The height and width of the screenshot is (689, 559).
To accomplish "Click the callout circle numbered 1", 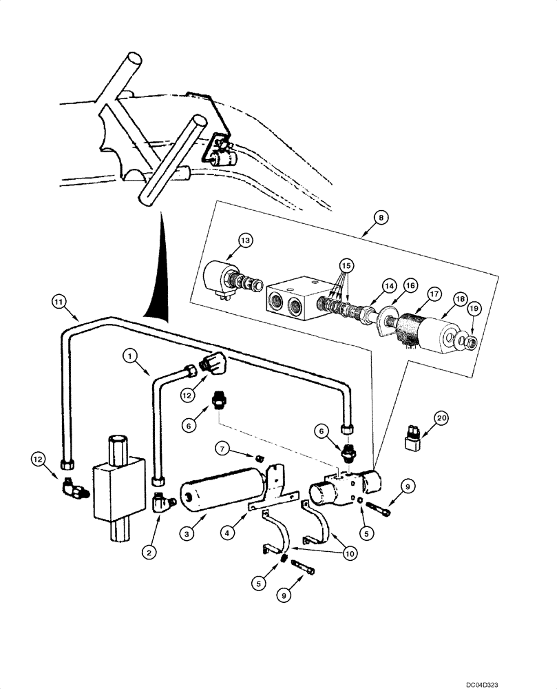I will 128,356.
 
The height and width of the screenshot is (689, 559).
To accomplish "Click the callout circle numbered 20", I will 441,418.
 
